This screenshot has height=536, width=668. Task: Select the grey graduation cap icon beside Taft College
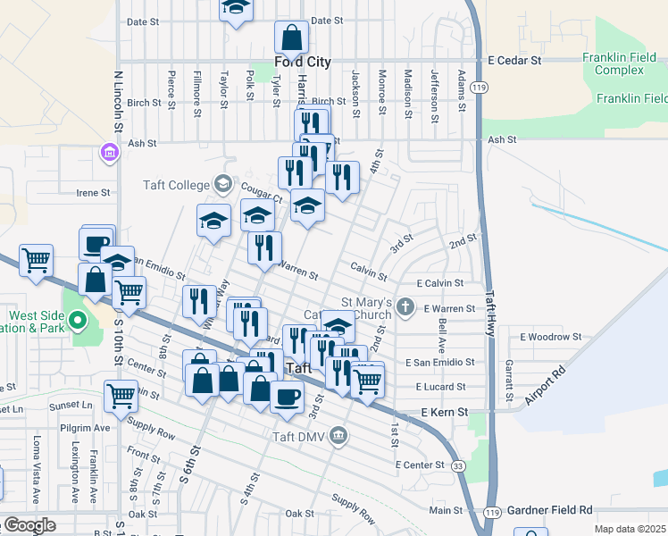[221, 185]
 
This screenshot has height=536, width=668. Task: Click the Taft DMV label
[300, 436]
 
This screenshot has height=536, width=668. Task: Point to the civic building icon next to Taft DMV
[338, 436]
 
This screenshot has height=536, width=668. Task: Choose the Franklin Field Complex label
[619, 63]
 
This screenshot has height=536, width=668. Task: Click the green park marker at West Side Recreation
[78, 319]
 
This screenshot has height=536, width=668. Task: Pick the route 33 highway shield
[457, 465]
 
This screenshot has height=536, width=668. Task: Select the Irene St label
[93, 192]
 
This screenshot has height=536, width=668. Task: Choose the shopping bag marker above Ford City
[291, 38]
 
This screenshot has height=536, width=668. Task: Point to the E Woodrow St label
[551, 337]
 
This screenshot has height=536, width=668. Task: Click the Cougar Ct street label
[260, 195]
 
